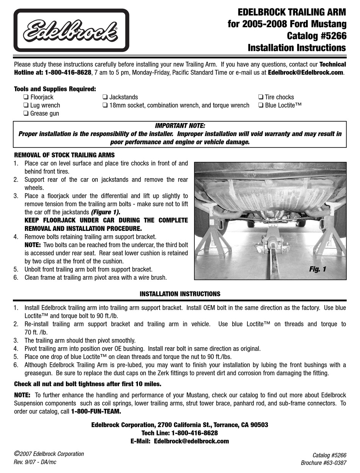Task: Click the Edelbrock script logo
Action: pyautogui.click(x=71, y=31)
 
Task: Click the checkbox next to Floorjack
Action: pyautogui.click(x=26, y=97)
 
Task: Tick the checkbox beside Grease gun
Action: pyautogui.click(x=26, y=114)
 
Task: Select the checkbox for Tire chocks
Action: pyautogui.click(x=261, y=97)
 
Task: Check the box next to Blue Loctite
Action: pyautogui.click(x=261, y=105)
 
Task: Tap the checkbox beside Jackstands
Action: pyautogui.click(x=105, y=97)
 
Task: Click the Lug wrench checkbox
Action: pyautogui.click(x=26, y=105)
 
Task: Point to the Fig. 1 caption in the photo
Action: pyautogui.click(x=317, y=269)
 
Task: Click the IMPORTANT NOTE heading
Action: pyautogui.click(x=180, y=126)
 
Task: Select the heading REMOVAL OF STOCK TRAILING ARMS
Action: pyautogui.click(x=64, y=155)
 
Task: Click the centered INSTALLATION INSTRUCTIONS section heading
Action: pyautogui.click(x=180, y=294)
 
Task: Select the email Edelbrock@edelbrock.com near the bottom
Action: pyautogui.click(x=192, y=441)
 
